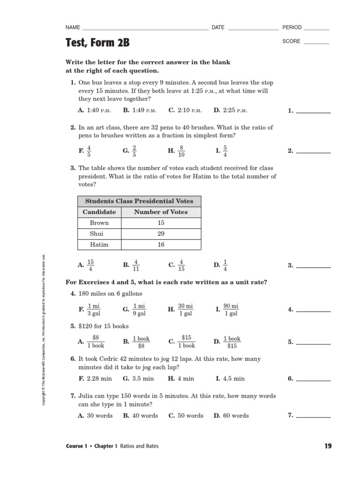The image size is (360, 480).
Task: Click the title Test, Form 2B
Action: click(97, 43)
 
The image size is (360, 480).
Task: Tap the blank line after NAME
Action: click(145, 29)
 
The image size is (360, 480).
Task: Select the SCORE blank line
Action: click(317, 43)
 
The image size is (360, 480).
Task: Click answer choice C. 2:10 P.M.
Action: click(185, 111)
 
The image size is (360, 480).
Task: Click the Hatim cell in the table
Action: click(99, 244)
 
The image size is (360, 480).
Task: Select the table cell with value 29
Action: click(161, 233)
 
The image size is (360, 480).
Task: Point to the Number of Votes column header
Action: click(161, 212)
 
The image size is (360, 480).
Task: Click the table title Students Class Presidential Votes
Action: click(139, 201)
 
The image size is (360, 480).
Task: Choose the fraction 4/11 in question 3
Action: click(136, 265)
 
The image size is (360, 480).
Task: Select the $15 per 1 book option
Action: click(186, 342)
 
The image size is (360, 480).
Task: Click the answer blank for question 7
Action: click(314, 416)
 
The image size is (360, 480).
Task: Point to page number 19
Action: click(328, 446)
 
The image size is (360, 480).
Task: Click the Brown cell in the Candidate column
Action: click(99, 223)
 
